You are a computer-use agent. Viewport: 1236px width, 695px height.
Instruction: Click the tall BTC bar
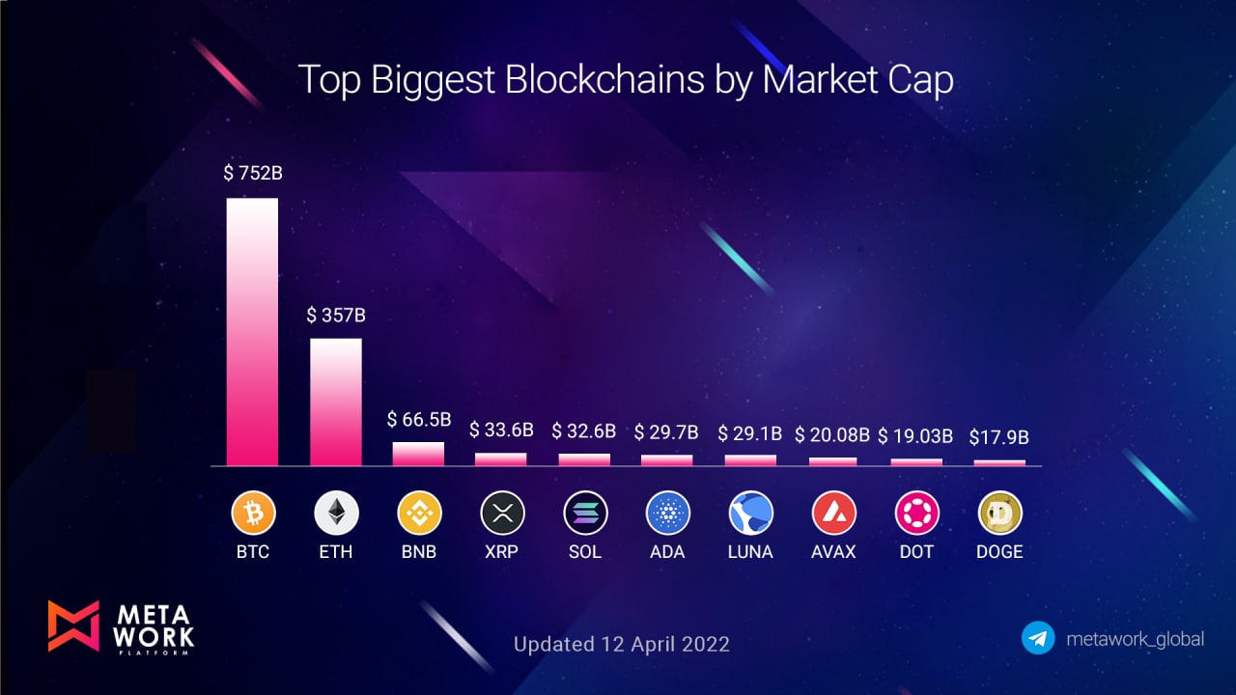(x=252, y=332)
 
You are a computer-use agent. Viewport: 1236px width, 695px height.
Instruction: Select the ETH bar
(x=335, y=403)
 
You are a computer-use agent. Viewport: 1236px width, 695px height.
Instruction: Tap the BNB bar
(x=418, y=454)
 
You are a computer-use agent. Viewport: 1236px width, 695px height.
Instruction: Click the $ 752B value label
(x=253, y=173)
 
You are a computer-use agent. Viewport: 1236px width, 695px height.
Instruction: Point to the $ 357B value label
(x=336, y=315)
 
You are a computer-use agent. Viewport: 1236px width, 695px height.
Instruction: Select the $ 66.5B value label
(x=419, y=419)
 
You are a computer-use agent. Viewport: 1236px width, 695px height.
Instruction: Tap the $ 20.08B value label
(x=832, y=435)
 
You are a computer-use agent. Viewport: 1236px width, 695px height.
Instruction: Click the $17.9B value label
(x=998, y=437)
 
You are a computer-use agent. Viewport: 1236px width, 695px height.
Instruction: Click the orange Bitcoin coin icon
(x=253, y=513)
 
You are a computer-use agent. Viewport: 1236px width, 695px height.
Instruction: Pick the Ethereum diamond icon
(x=336, y=513)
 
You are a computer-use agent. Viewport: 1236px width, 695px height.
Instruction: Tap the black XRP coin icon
(x=502, y=513)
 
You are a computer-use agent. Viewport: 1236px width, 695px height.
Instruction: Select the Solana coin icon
(x=585, y=513)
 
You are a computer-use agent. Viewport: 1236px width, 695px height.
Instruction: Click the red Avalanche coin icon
(x=833, y=513)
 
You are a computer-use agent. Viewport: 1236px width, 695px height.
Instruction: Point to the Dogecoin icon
(x=999, y=513)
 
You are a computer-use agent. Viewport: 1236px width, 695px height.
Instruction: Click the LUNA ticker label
(x=750, y=551)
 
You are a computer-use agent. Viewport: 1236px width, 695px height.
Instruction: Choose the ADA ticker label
(x=667, y=551)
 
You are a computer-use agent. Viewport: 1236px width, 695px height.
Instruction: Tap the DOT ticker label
(x=916, y=551)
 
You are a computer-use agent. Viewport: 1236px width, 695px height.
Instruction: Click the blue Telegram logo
(x=1038, y=638)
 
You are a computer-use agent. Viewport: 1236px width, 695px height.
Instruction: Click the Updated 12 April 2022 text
(x=621, y=644)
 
